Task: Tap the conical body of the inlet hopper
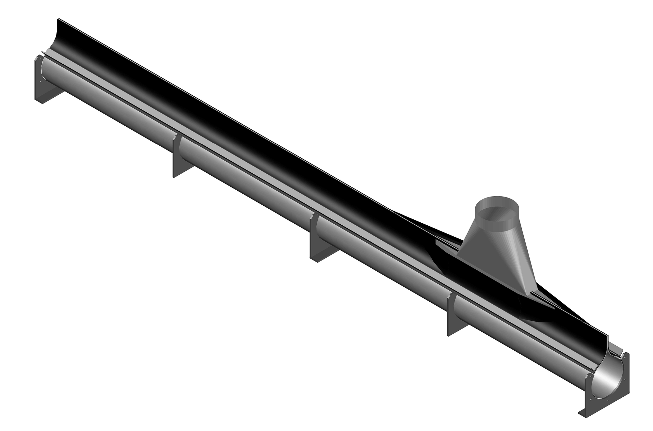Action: pyautogui.click(x=496, y=258)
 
